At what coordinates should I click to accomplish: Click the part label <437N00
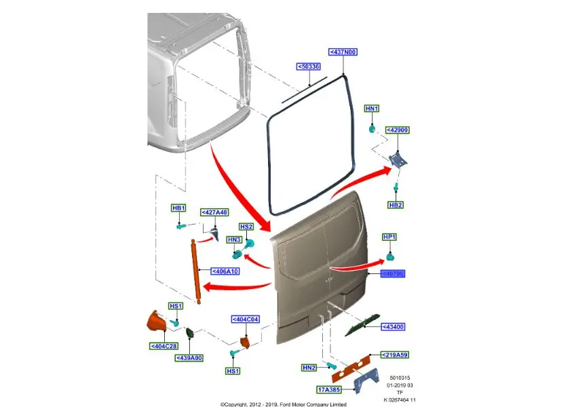[343, 52]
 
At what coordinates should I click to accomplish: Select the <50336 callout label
[309, 66]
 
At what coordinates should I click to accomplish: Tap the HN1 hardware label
[372, 109]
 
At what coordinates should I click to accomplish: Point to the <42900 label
[398, 130]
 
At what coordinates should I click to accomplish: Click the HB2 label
[396, 205]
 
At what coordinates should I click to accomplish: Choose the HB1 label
[178, 208]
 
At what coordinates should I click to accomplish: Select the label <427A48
[214, 212]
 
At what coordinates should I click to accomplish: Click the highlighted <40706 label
[392, 274]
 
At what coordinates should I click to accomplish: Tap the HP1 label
[389, 237]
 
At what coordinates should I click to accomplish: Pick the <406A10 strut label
[225, 271]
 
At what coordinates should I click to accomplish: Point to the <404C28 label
[164, 347]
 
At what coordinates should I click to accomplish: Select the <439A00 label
[189, 357]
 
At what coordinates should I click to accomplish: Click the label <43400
[394, 326]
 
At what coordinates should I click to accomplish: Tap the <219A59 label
[395, 355]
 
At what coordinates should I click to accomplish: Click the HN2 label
[309, 368]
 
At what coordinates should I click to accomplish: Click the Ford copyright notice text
[284, 404]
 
